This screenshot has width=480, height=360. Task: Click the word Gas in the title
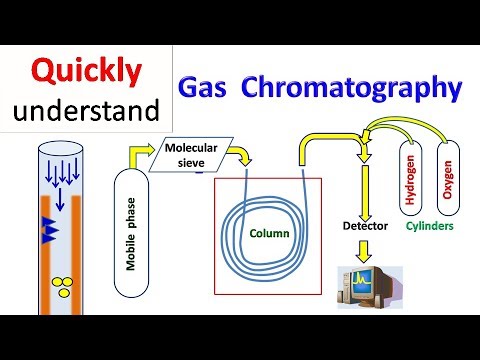point(206,89)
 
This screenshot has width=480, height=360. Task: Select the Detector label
point(365,226)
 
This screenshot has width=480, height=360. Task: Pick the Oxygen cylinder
point(446,174)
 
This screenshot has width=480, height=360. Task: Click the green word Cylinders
point(430,226)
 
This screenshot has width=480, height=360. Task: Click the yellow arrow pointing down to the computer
point(364,249)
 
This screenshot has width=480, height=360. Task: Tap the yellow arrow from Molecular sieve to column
point(241,156)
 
